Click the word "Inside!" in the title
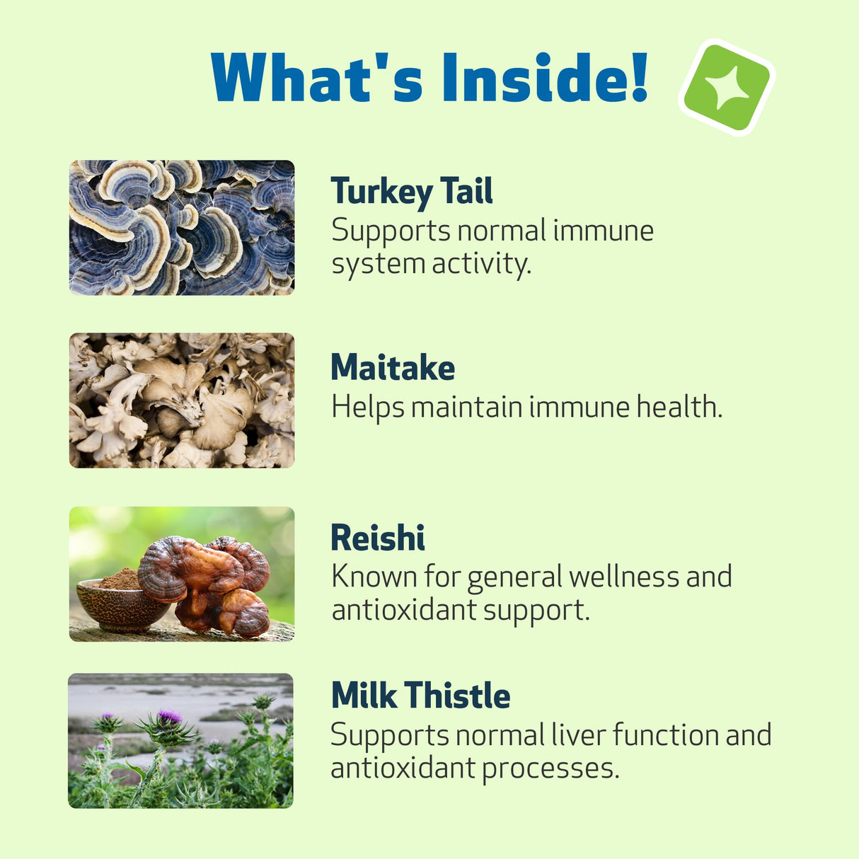pyautogui.click(x=545, y=78)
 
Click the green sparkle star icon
pyautogui.click(x=726, y=87)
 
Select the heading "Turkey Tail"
pyautogui.click(x=412, y=192)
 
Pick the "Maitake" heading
pyautogui.click(x=393, y=368)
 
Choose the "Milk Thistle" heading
pyautogui.click(x=420, y=696)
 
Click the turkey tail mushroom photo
pyautogui.click(x=182, y=228)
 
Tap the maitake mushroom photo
pyautogui.click(x=182, y=400)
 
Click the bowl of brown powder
pyautogui.click(x=113, y=601)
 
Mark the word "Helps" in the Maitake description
pyautogui.click(x=368, y=408)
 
